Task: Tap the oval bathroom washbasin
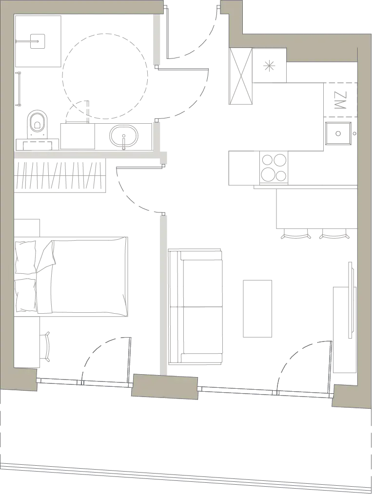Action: click(124, 136)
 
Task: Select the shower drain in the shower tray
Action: click(38, 41)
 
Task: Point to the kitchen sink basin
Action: click(338, 133)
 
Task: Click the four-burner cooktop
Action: click(274, 168)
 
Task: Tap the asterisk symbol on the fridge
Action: click(269, 67)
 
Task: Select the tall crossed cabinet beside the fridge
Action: click(240, 76)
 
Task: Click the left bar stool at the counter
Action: click(295, 234)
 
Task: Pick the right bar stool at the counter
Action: click(334, 234)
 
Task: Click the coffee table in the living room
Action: click(257, 308)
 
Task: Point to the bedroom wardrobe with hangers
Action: click(60, 175)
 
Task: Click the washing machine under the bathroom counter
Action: click(78, 136)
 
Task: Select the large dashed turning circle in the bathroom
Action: click(105, 76)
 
